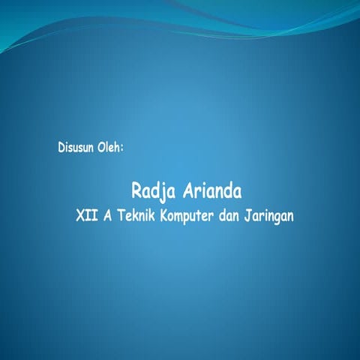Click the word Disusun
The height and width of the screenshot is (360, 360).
75,147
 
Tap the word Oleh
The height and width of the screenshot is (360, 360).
109,147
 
